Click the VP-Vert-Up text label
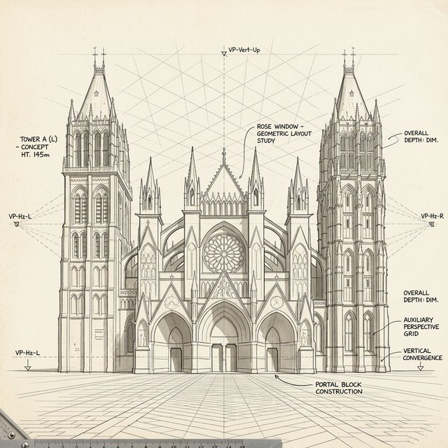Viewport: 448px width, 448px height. [244, 50]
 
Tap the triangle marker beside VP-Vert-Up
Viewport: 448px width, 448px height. [224, 54]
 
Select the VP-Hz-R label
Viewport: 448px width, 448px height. [433, 216]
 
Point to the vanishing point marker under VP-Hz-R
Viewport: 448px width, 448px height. [431, 225]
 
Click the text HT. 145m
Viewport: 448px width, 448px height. [36, 155]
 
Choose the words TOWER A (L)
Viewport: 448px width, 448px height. [38, 139]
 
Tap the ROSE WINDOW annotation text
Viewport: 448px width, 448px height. [284, 134]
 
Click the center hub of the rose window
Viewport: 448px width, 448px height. [224, 253]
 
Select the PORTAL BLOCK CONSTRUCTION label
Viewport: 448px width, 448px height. [339, 388]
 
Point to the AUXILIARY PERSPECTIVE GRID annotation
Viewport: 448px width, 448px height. [421, 327]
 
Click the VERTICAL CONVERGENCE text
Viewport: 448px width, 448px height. [422, 354]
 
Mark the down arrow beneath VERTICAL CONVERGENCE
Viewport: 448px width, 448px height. [420, 366]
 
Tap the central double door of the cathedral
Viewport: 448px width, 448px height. [224, 358]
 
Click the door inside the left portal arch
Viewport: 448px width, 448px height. [176, 360]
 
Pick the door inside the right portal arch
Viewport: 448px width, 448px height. [272, 360]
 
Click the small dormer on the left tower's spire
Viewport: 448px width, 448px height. [97, 93]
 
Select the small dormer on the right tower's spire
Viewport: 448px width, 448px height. [351, 93]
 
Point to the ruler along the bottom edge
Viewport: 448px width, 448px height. [157, 443]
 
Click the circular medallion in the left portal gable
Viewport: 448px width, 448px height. [171, 302]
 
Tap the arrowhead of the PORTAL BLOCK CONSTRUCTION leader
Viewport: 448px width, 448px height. [276, 377]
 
